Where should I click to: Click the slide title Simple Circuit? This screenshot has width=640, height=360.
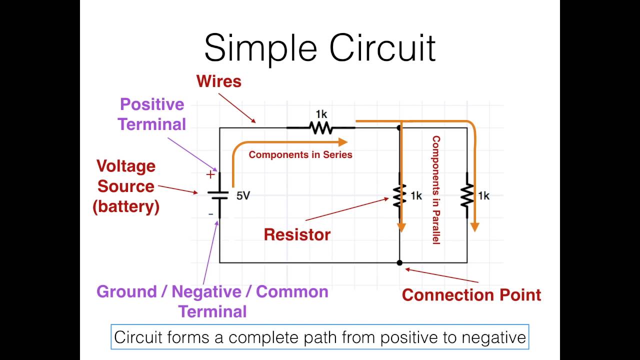coord(320,47)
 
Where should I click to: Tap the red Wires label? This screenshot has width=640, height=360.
coord(219,81)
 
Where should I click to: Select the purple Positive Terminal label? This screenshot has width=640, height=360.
coord(152,114)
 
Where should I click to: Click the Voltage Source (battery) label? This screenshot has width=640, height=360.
coord(126,186)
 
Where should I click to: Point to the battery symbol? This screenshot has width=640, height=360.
coord(219,194)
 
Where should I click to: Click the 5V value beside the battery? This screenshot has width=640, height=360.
coord(243,195)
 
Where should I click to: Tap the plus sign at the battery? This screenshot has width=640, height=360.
coord(210,174)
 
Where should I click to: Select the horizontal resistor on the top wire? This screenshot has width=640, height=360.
coord(320,128)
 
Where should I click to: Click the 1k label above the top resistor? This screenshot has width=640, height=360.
coord(321,114)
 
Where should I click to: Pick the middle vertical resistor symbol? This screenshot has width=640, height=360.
coord(399,196)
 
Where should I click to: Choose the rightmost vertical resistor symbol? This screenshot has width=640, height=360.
coord(467,196)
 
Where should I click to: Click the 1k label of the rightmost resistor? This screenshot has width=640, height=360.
coord(483,196)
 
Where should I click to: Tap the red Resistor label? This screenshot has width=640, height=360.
coord(297,234)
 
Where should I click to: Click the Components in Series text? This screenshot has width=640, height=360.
coord(300,154)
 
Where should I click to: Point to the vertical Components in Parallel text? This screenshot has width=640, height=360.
coord(436,190)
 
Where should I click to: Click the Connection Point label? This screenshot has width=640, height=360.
coord(471,295)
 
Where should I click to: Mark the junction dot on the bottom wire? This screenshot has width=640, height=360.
coord(399,262)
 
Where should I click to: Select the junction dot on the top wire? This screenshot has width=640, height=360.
coord(399,128)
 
